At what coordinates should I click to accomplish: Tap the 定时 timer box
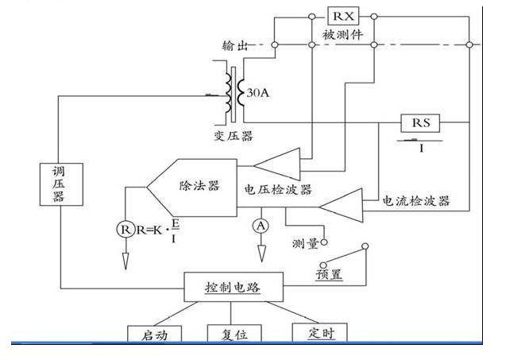point(320,333)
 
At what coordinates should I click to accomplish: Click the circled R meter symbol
point(125,230)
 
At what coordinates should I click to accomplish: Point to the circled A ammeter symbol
point(260,226)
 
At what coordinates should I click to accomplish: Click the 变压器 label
point(236,136)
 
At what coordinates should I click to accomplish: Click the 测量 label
point(306,243)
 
